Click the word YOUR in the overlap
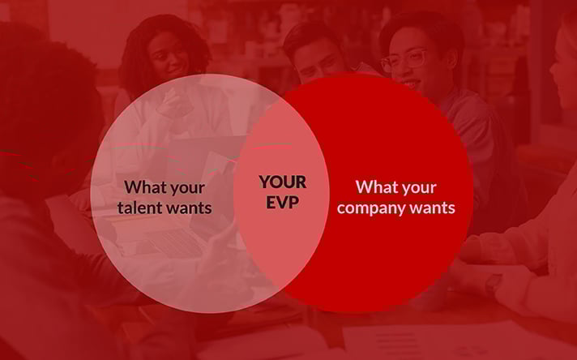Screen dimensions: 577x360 (x=283, y=182)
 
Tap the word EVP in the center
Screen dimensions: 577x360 (x=283, y=202)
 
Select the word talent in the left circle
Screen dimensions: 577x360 (x=139, y=208)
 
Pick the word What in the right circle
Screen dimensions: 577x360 (x=373, y=186)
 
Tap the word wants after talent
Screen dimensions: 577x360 (x=188, y=208)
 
